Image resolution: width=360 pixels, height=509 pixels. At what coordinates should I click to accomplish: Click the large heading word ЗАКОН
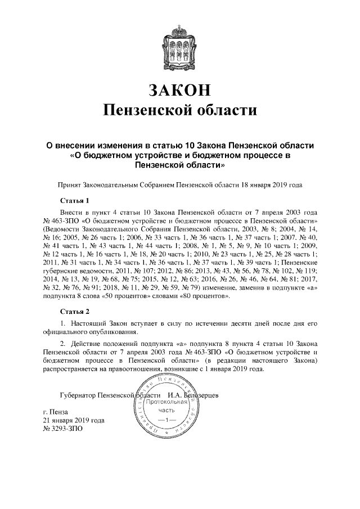(x=180, y=89)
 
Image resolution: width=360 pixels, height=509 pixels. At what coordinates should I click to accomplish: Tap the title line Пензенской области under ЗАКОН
(x=180, y=110)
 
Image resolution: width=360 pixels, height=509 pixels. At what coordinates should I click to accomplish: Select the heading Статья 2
(x=75, y=311)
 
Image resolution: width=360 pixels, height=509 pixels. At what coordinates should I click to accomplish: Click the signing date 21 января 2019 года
(x=74, y=420)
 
